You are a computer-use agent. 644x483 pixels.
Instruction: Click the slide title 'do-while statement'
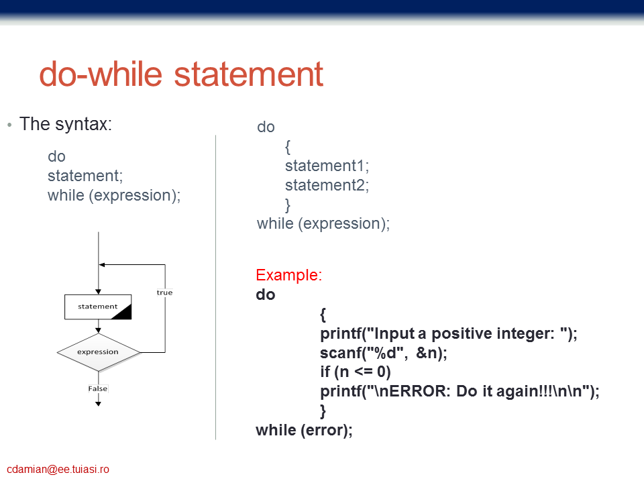tap(181, 74)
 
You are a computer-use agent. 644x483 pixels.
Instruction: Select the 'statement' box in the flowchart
tap(98, 307)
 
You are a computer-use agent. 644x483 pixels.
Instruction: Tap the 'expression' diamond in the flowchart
tap(98, 352)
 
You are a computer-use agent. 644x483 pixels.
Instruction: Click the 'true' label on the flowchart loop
tap(164, 292)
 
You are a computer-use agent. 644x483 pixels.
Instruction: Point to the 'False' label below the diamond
tap(98, 388)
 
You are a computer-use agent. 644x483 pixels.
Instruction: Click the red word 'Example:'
tap(288, 275)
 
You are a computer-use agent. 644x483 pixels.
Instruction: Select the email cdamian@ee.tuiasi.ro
tap(58, 469)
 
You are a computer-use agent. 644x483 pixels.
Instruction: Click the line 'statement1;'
tap(327, 166)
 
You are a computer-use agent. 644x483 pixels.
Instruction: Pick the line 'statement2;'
tap(327, 185)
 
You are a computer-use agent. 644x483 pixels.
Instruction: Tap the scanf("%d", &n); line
tap(384, 353)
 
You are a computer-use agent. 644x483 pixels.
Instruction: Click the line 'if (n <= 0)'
tap(356, 372)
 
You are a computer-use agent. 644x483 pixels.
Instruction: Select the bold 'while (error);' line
tap(304, 430)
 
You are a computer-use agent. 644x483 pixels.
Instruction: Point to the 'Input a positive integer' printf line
tap(449, 333)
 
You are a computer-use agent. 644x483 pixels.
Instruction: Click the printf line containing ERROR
tap(460, 391)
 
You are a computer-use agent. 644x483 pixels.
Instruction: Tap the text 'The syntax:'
tap(66, 123)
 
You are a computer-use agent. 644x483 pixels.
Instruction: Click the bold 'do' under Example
tap(266, 294)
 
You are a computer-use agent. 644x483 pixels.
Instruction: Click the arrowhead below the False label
tap(98, 404)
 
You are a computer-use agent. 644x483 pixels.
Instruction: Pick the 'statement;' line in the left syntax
tap(85, 176)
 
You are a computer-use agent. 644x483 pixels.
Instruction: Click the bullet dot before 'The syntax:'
tap(9, 125)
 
